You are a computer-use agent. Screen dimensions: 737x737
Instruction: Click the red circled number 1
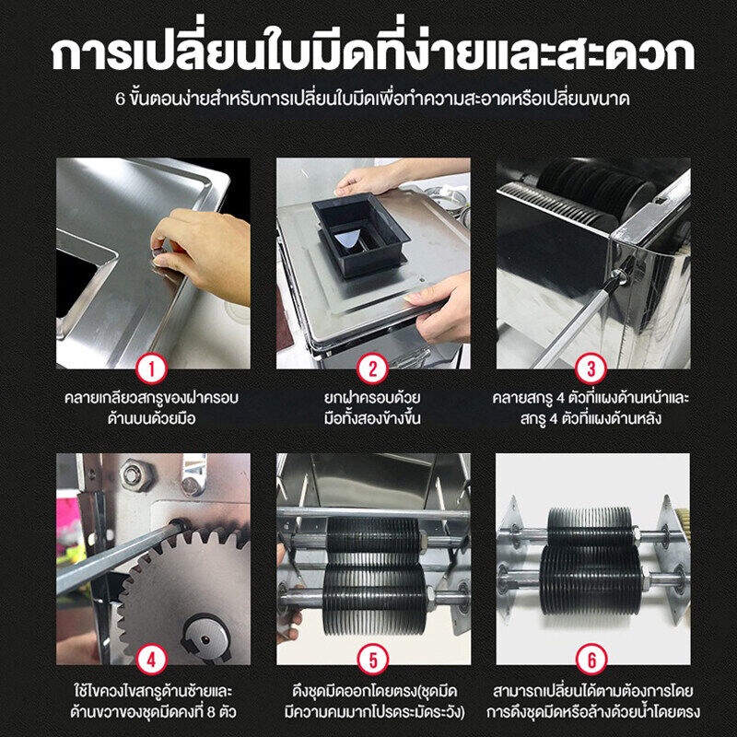(152, 369)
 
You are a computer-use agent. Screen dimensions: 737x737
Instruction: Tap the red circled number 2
(373, 369)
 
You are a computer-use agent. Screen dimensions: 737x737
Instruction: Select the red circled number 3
(591, 369)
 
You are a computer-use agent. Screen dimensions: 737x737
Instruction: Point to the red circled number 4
(152, 660)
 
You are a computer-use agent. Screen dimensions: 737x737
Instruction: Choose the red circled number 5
(373, 660)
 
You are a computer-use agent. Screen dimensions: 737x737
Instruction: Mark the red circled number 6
(591, 660)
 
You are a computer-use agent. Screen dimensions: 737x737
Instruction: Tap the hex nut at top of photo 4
(136, 475)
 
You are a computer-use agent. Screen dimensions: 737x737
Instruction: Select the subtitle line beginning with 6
(373, 99)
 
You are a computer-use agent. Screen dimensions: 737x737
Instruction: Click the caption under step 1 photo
(152, 408)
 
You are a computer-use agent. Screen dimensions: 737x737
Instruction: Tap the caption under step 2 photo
(373, 408)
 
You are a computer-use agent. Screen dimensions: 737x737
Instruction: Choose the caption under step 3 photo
(591, 408)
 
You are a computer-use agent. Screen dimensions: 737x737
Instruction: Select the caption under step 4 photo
(153, 701)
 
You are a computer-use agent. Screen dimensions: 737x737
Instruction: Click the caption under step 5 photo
(375, 701)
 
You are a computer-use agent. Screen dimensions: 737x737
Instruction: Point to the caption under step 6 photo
(593, 701)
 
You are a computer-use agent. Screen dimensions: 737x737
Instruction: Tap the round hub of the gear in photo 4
(205, 638)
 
